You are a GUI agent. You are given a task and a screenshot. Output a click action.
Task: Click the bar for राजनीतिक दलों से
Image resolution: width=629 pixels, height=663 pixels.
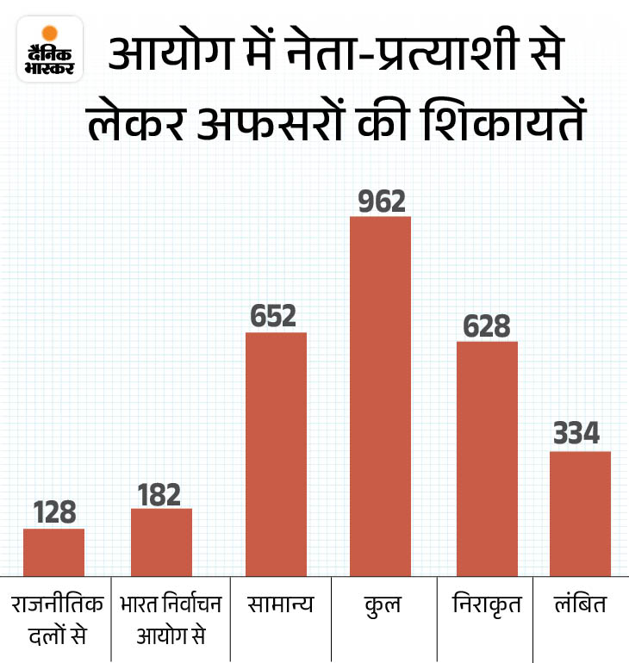coord(53,552)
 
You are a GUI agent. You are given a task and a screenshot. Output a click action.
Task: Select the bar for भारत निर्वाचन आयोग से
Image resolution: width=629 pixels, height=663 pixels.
coord(161,542)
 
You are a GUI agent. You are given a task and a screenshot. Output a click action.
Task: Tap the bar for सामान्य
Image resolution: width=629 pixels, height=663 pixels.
coord(276,454)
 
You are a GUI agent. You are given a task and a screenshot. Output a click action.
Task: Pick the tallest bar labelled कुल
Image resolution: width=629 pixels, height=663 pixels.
coord(380,396)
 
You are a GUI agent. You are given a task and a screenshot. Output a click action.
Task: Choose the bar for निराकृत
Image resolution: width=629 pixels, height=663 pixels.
coord(487,458)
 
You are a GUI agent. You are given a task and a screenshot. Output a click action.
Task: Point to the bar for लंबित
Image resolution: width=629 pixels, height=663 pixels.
coord(580,513)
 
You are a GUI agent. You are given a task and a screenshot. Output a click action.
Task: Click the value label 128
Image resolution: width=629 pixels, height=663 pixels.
coord(53,512)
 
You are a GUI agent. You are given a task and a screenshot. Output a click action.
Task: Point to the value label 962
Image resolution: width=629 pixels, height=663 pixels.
coord(380,201)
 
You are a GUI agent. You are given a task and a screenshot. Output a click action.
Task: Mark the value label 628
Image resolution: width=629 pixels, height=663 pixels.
coord(487,326)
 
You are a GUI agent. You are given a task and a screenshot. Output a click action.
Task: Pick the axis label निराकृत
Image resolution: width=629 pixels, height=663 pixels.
coord(487,605)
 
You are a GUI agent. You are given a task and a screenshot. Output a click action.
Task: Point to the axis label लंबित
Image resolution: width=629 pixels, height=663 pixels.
coord(580,605)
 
